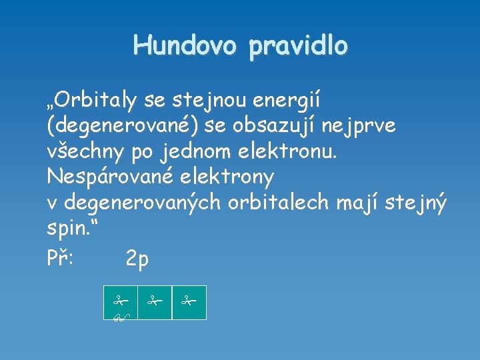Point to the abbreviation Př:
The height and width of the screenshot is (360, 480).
pos(64,257)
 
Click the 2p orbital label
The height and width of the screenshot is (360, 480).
pos(137,259)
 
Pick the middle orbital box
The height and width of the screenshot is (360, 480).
pos(155,303)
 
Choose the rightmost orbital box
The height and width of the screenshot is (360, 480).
pos(189,303)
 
